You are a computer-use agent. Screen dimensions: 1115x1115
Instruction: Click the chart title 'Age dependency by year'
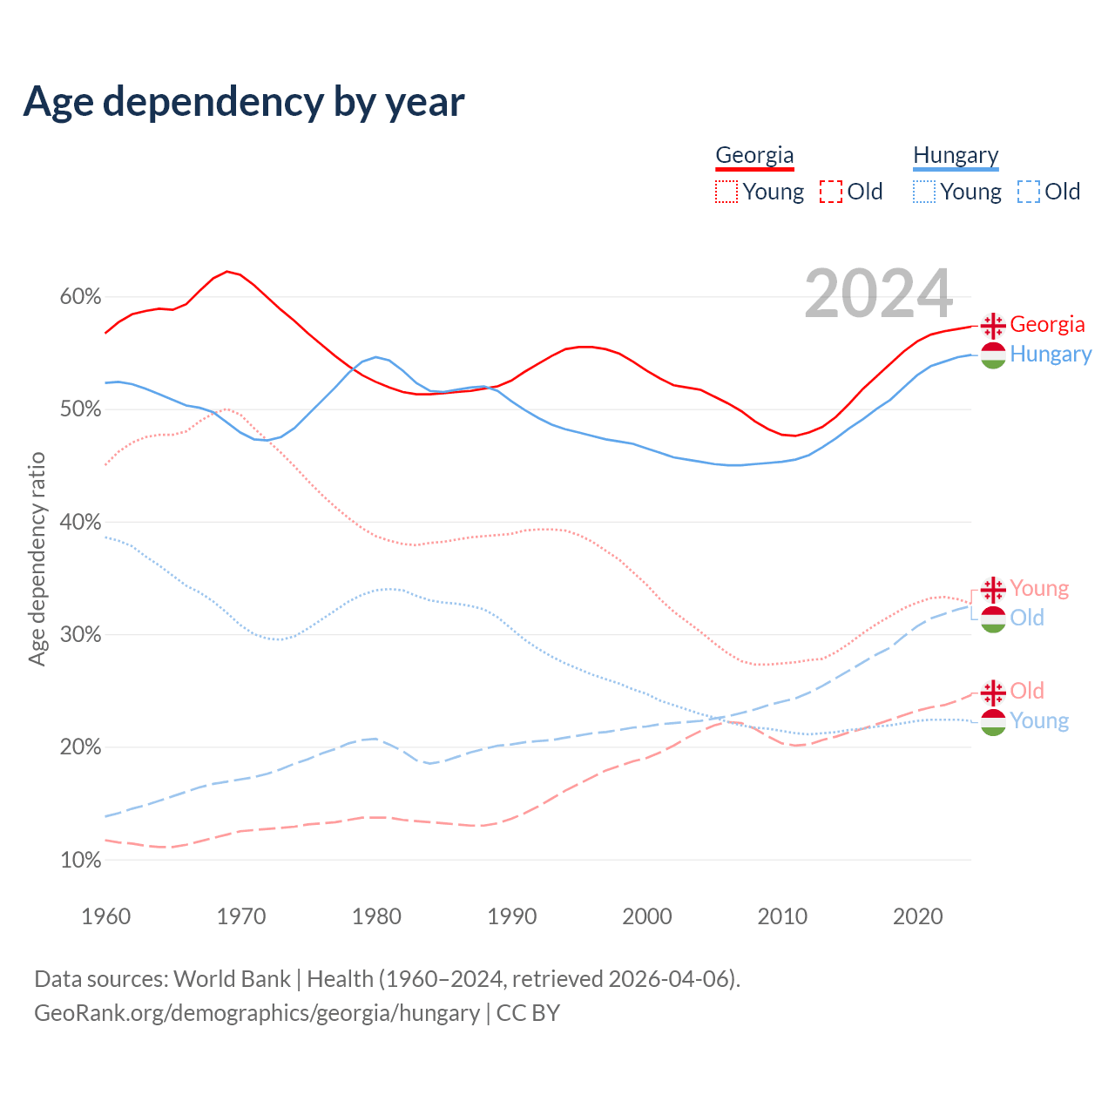tap(244, 102)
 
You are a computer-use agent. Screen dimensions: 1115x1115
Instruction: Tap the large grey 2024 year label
tap(878, 294)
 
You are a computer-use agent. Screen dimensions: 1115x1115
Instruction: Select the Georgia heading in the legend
tap(754, 156)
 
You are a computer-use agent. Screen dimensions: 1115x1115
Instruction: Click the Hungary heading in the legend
tap(956, 156)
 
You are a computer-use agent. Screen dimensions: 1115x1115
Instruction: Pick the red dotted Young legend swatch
tap(726, 192)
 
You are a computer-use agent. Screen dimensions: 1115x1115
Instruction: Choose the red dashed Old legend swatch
tap(831, 192)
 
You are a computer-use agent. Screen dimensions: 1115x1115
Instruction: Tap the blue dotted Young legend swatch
tap(924, 192)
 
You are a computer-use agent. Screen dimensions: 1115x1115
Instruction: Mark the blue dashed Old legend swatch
tap(1029, 192)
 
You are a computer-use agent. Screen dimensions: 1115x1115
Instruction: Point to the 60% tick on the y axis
tap(80, 297)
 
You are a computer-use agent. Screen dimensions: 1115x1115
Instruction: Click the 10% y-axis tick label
tap(80, 861)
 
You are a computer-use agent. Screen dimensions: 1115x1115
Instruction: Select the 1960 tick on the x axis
tap(105, 916)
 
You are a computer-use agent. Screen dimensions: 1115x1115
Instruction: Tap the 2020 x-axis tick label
tap(918, 916)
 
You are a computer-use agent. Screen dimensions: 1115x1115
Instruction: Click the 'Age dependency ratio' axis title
tap(37, 558)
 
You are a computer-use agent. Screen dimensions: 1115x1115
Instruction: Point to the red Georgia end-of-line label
tap(1047, 325)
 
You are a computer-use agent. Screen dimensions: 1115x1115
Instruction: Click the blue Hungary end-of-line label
tap(1051, 355)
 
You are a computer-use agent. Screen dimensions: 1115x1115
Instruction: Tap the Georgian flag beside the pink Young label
tap(993, 590)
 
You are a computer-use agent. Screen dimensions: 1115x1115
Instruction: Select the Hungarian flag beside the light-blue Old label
tap(993, 619)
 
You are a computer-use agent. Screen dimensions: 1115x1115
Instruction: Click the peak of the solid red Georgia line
tap(227, 272)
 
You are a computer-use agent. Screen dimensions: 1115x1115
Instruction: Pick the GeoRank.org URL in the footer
tap(257, 1013)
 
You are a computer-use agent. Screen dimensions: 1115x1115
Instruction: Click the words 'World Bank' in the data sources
tap(232, 979)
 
